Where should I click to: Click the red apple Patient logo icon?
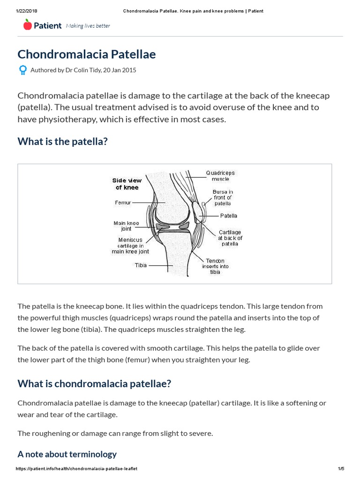28,25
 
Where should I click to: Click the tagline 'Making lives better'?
88,26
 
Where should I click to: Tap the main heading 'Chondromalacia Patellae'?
87,54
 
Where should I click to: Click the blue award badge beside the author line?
22,70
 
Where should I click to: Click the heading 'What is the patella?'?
62,141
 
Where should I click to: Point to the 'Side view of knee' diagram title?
127,184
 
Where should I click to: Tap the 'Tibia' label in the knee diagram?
141,265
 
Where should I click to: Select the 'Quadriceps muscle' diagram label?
220,176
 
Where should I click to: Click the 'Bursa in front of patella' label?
223,197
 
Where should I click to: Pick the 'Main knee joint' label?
126,226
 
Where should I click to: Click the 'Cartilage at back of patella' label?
230,238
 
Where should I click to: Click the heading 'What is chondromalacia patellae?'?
94,383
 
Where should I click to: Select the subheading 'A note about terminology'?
67,454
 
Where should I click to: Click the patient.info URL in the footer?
76,469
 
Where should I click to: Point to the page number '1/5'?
341,469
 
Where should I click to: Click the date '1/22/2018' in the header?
26,11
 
